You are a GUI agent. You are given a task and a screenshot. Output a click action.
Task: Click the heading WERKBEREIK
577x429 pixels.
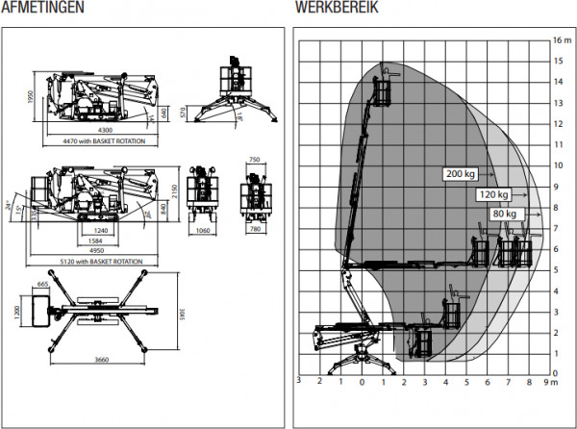tap(338, 8)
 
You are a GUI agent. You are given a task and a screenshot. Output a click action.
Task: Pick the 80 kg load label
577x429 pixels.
tap(504, 213)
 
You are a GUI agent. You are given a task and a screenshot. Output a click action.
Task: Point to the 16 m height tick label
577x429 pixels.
tap(562, 40)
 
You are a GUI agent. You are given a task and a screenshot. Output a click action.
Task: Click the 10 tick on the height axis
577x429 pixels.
tap(558, 165)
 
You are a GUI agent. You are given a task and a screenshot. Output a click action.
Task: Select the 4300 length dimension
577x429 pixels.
tap(97, 130)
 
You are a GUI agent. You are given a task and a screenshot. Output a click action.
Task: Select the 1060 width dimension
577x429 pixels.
tap(203, 231)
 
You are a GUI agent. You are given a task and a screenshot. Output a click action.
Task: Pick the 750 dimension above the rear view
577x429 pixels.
tap(254, 160)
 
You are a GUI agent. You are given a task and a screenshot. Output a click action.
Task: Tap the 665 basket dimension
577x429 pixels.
tap(43, 286)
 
